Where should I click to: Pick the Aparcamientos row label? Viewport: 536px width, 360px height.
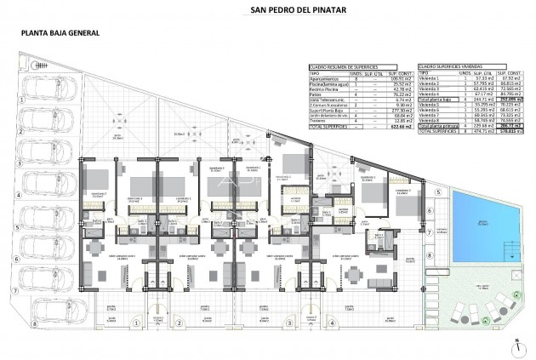pyautogui.click(x=325, y=79)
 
